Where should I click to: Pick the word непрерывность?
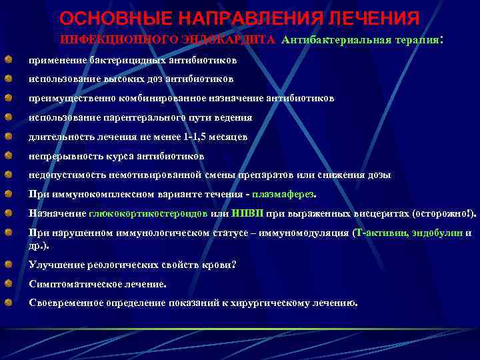coord(62,156)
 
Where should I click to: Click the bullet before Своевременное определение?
coord(8,303)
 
